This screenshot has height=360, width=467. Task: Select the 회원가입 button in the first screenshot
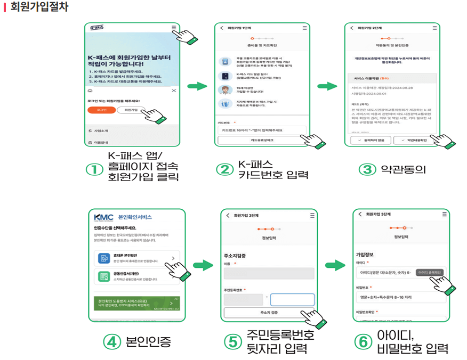click(130, 110)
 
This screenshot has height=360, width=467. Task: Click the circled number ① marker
click(94, 169)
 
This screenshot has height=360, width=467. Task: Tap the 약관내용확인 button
click(414, 141)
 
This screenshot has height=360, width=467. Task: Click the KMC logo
click(103, 217)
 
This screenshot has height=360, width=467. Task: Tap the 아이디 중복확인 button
click(430, 272)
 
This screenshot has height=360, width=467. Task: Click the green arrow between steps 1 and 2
click(197, 86)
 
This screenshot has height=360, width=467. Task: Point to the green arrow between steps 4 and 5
click(203, 265)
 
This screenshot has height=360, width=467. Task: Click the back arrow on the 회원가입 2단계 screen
click(351, 28)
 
